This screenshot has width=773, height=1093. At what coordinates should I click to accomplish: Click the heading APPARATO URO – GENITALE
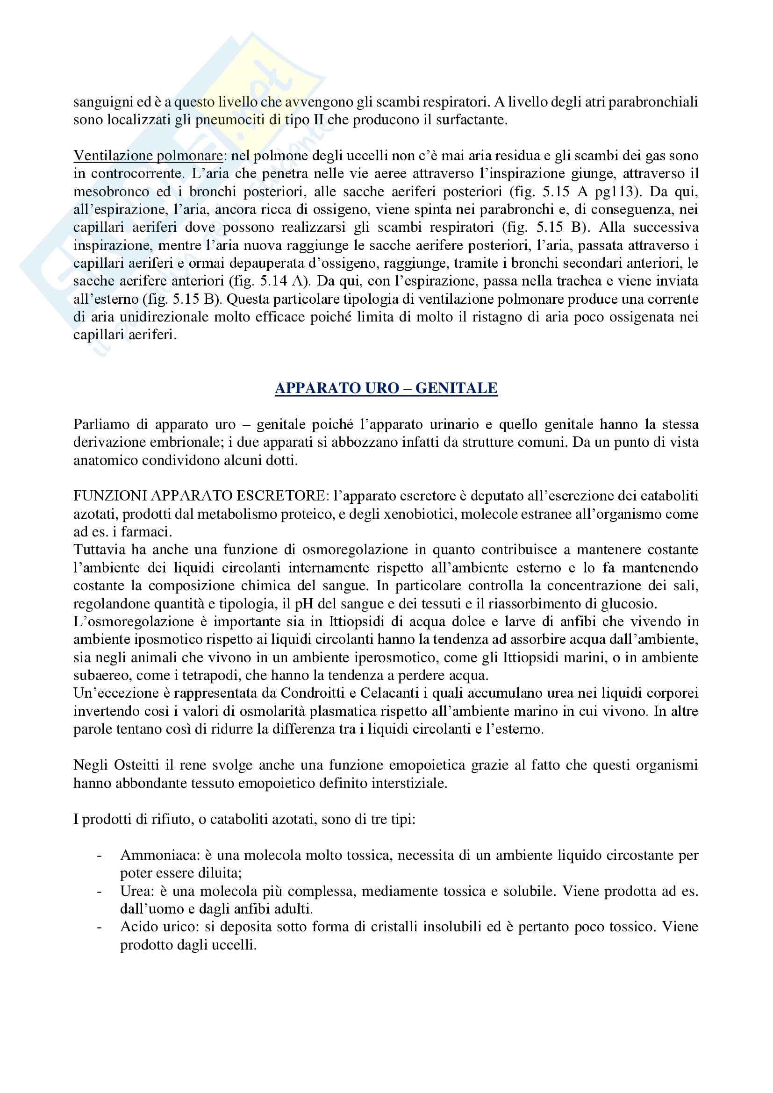[386, 388]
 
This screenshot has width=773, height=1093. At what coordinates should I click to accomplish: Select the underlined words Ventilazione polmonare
[148, 156]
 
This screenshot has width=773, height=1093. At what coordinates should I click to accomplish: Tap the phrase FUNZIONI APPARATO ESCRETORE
[200, 496]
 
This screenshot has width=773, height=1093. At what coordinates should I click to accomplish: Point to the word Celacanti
[392, 693]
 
